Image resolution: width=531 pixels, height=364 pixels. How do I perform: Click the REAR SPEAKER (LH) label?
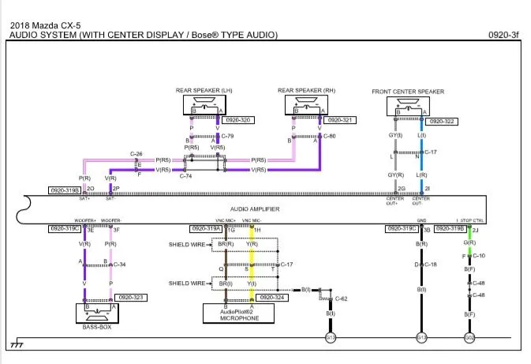coord(205,91)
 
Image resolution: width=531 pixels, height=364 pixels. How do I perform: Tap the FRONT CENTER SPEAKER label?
coord(408,92)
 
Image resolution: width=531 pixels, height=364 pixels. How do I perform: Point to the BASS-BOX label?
coord(97,326)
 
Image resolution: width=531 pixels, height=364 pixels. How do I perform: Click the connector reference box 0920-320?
coord(238,121)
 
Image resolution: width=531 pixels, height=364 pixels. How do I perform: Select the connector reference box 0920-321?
coord(340,121)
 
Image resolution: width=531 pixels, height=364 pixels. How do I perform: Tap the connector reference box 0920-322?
coord(441,121)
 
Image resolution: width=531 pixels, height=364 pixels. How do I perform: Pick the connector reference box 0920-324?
coord(273,298)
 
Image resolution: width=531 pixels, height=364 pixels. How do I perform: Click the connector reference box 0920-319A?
coord(205,229)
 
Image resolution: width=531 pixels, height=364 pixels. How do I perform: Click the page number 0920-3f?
coord(503,35)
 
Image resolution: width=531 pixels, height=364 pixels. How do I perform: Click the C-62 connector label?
coord(341,298)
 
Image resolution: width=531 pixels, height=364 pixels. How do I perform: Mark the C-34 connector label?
coord(119,265)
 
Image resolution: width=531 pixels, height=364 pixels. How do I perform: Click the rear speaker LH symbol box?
coord(204,104)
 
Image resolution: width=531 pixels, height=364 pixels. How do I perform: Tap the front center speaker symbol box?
coord(407,106)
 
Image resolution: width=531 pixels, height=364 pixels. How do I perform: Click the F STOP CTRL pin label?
coord(468,220)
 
